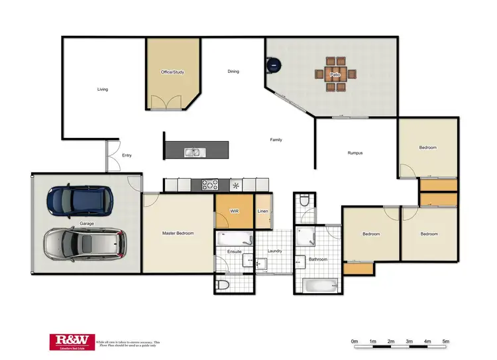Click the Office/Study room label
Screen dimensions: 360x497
click(172, 72)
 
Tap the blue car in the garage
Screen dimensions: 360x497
click(80, 200)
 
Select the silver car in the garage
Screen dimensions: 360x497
click(85, 245)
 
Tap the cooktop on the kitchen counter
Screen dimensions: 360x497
click(210, 185)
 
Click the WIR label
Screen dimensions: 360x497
click(234, 211)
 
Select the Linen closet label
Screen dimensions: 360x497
click(263, 211)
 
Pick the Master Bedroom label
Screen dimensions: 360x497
click(178, 233)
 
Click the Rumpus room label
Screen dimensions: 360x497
click(355, 153)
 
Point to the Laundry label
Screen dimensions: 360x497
click(275, 251)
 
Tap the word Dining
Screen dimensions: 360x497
click(233, 72)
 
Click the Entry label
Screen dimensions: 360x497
click(127, 156)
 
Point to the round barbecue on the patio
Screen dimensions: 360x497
click(274, 65)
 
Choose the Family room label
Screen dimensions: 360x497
click(276, 140)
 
